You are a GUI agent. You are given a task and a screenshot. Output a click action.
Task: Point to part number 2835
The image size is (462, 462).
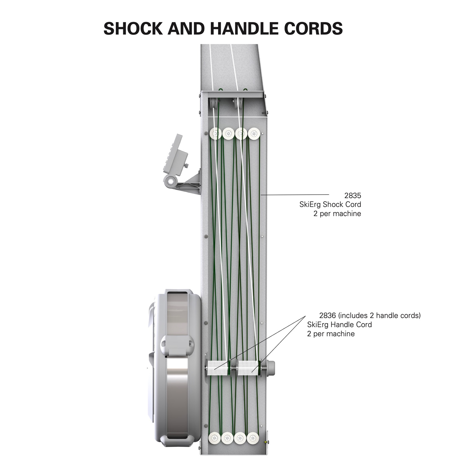click(x=353, y=196)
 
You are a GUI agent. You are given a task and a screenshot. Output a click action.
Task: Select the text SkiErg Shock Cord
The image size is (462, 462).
click(x=330, y=205)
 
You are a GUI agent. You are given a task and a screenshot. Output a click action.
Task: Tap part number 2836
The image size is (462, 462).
click(x=327, y=315)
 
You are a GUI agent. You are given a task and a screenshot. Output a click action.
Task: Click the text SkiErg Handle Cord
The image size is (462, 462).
click(x=339, y=325)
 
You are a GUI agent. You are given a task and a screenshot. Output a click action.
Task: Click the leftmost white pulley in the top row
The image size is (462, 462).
click(x=215, y=134)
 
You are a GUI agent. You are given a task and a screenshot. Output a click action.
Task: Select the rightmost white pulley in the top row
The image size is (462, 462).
click(x=254, y=134)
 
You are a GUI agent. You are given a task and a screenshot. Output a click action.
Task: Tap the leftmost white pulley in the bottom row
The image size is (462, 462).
click(x=215, y=438)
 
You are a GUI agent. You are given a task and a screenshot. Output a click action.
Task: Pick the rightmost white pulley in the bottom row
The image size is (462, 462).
click(x=253, y=438)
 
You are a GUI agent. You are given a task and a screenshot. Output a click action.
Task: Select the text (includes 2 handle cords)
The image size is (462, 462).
click(x=379, y=315)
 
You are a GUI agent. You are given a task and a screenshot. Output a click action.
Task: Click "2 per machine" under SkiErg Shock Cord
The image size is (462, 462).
click(x=337, y=214)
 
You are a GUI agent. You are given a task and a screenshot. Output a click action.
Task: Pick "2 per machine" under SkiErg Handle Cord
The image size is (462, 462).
click(x=331, y=334)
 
